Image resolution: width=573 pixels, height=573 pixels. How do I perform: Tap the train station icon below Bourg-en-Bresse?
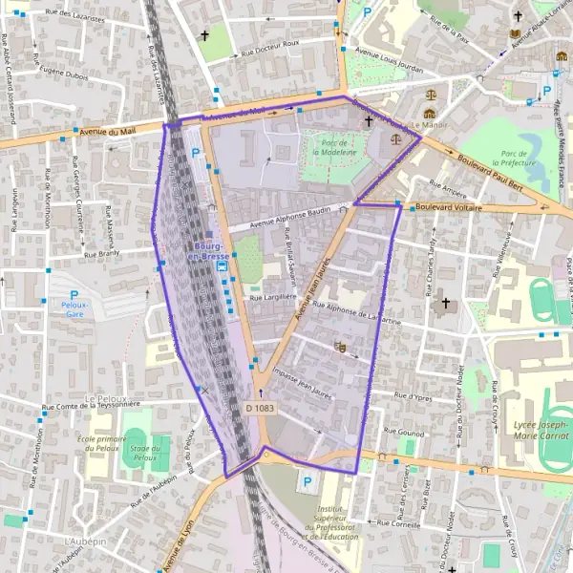(x=222, y=268)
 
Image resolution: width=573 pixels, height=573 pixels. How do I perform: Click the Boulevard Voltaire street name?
(x=449, y=207)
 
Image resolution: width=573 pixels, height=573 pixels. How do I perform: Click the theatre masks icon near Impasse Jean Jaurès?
(x=339, y=348)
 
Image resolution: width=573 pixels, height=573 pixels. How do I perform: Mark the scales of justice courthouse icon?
(x=431, y=95)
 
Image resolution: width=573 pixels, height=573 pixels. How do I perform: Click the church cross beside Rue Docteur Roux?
(x=203, y=36)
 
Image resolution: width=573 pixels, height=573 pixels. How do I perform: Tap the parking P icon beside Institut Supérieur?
(x=307, y=482)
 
